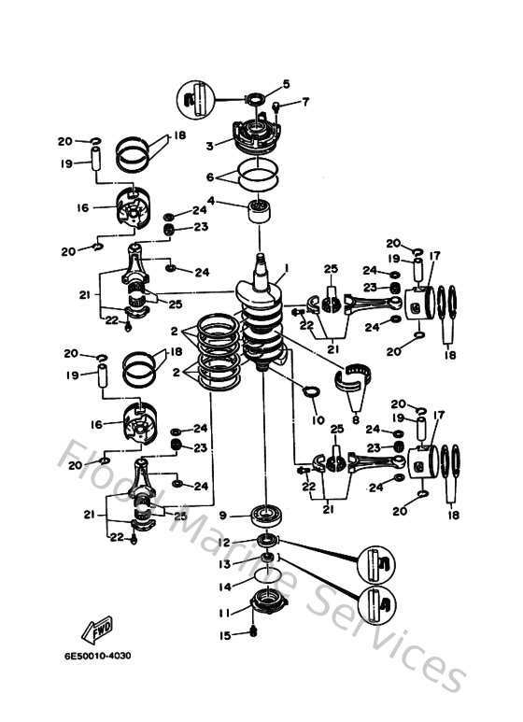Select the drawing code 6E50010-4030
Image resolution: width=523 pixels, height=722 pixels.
pos(98,655)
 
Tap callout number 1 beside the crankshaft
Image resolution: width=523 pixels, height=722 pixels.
pos(286,267)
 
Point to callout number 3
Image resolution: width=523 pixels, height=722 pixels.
pos(211,145)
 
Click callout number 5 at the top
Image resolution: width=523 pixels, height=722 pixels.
pos(286,84)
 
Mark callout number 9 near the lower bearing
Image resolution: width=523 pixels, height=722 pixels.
pos(223,514)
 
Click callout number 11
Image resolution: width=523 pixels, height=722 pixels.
pos(222,613)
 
